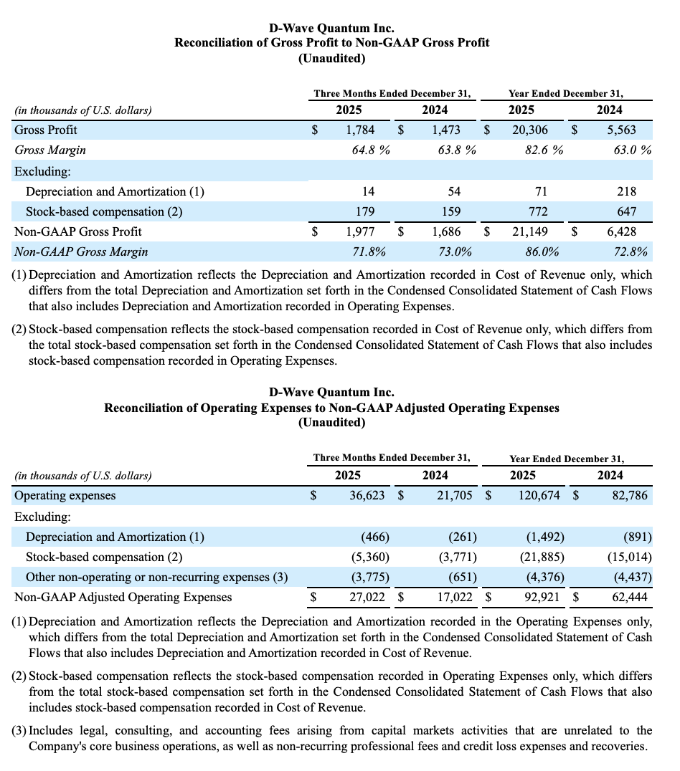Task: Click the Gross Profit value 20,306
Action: (x=534, y=130)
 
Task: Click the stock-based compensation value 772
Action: (x=538, y=211)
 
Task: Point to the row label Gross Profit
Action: (x=46, y=130)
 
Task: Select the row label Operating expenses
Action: (x=65, y=495)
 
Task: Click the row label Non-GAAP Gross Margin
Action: (x=81, y=252)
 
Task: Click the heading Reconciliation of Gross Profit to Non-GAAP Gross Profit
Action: (x=332, y=42)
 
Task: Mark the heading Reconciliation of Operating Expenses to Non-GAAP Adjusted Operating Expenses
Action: (x=332, y=408)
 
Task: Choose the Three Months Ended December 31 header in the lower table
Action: (x=392, y=458)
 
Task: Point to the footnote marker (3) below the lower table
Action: (x=19, y=731)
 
